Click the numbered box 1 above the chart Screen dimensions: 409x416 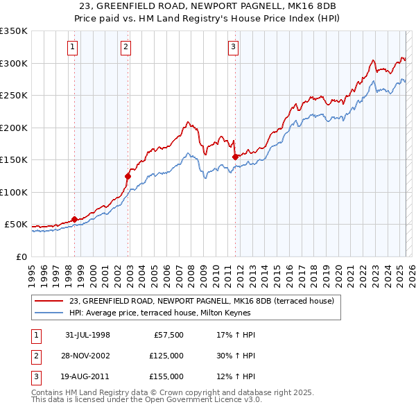(73, 47)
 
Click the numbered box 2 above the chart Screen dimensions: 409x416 (125, 47)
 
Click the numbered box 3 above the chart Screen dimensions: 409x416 (233, 47)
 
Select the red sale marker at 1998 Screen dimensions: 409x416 (74, 220)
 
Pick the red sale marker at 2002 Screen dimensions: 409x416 (128, 176)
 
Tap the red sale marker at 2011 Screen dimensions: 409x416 (235, 157)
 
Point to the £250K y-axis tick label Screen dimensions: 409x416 (13, 96)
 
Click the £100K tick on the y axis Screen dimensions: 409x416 (13, 192)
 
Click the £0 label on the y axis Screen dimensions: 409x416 (21, 256)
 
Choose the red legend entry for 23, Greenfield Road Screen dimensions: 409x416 (202, 301)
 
